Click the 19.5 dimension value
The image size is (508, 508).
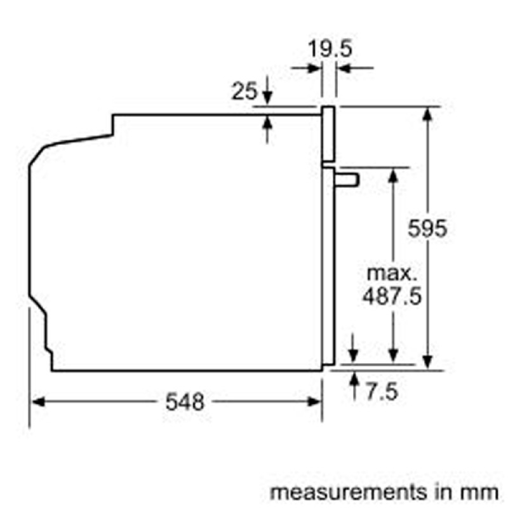329,49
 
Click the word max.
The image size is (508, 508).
392,274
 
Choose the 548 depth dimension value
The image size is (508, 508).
185,401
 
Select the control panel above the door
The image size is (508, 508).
328,133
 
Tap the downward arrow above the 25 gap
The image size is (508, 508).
267,98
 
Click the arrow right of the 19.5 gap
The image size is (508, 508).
344,68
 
